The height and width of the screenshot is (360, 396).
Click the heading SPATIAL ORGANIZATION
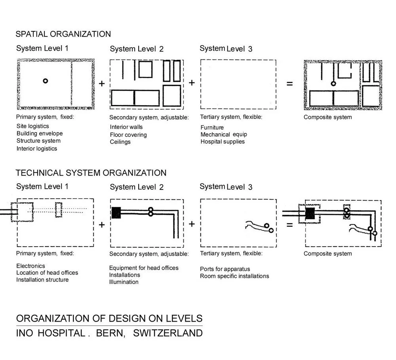tap(63, 34)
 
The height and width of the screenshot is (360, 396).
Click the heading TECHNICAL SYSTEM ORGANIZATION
tap(91, 173)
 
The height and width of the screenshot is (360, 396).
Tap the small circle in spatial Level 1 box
tap(46, 81)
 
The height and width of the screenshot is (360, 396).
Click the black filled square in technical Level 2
tap(116, 213)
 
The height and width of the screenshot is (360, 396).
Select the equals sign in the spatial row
tap(290, 84)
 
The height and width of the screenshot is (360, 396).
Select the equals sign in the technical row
tap(290, 225)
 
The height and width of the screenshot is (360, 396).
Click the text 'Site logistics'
tap(33, 126)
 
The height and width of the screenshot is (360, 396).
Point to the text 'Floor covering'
tap(128, 135)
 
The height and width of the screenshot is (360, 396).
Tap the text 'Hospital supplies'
tap(223, 142)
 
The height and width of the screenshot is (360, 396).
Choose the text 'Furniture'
tap(212, 127)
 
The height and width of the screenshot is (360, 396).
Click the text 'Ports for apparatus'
tap(225, 269)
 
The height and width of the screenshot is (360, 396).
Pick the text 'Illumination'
tap(124, 282)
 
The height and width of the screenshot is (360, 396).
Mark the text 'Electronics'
tap(31, 266)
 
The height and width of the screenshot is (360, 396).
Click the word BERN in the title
tap(109, 333)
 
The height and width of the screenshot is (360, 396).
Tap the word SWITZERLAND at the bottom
tap(168, 333)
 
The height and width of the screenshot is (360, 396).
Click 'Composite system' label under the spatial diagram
tap(327, 117)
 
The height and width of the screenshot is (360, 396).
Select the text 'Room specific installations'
tap(234, 276)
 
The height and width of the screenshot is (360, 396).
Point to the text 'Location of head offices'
tap(47, 272)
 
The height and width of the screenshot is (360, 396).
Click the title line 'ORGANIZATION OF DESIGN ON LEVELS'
tap(109, 318)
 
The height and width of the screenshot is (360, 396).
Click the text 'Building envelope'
tap(40, 133)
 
